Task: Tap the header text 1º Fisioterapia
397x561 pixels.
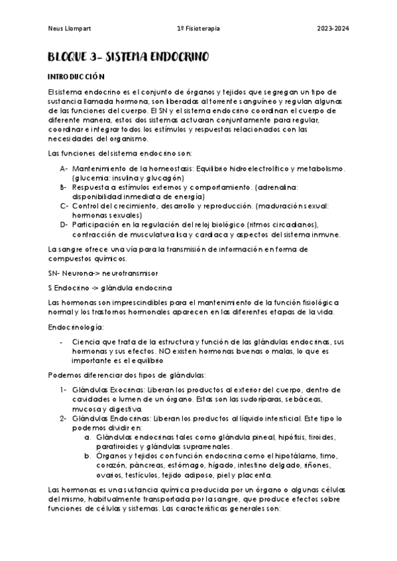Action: pyautogui.click(x=199, y=29)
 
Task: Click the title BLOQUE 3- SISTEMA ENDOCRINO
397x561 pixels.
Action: pyautogui.click(x=129, y=58)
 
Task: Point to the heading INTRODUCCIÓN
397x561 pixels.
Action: pyautogui.click(x=77, y=77)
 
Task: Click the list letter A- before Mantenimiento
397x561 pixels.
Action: pyautogui.click(x=64, y=169)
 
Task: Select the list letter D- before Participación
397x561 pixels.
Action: pyautogui.click(x=64, y=225)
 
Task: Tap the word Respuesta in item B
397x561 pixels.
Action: pyautogui.click(x=91, y=187)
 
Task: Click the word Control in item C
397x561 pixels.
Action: pyautogui.click(x=87, y=206)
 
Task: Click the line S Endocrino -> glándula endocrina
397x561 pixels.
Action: pyautogui.click(x=110, y=288)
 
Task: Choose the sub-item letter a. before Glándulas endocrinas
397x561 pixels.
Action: pyautogui.click(x=87, y=437)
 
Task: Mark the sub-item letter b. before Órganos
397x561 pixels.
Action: pyautogui.click(x=87, y=456)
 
